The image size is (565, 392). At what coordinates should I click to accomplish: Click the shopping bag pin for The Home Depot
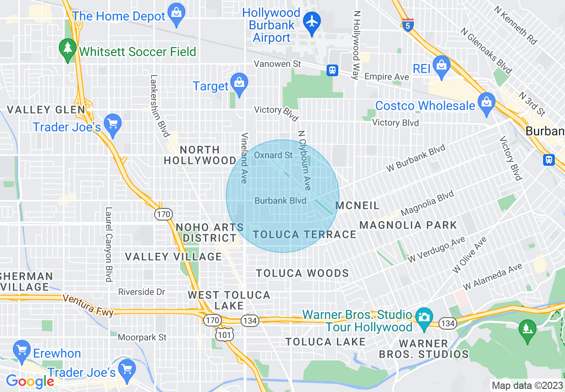pyautogui.click(x=177, y=15)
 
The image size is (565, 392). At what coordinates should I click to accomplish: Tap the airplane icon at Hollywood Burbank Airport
pyautogui.click(x=312, y=22)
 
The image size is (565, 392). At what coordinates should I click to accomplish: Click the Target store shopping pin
pyautogui.click(x=240, y=84)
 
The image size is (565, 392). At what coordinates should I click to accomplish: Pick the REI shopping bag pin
pyautogui.click(x=441, y=67)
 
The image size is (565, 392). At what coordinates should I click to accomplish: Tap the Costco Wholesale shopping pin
pyautogui.click(x=486, y=103)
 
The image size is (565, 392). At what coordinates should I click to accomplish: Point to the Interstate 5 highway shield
pyautogui.click(x=408, y=25)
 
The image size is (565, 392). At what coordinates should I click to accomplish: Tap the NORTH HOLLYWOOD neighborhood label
pyautogui.click(x=200, y=155)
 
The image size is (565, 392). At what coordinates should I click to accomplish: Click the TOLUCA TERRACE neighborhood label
pyautogui.click(x=304, y=235)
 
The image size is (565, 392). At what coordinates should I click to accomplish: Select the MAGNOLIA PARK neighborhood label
pyautogui.click(x=408, y=225)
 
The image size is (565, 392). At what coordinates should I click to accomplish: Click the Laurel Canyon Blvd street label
pyautogui.click(x=108, y=244)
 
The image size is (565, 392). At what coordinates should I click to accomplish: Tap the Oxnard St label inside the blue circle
pyautogui.click(x=274, y=155)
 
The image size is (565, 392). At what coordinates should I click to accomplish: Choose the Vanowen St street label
pyautogui.click(x=277, y=64)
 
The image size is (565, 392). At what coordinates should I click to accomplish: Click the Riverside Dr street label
pyautogui.click(x=142, y=292)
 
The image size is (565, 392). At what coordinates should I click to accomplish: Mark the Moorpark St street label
pyautogui.click(x=142, y=338)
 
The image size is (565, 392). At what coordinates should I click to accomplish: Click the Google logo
pyautogui.click(x=30, y=381)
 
